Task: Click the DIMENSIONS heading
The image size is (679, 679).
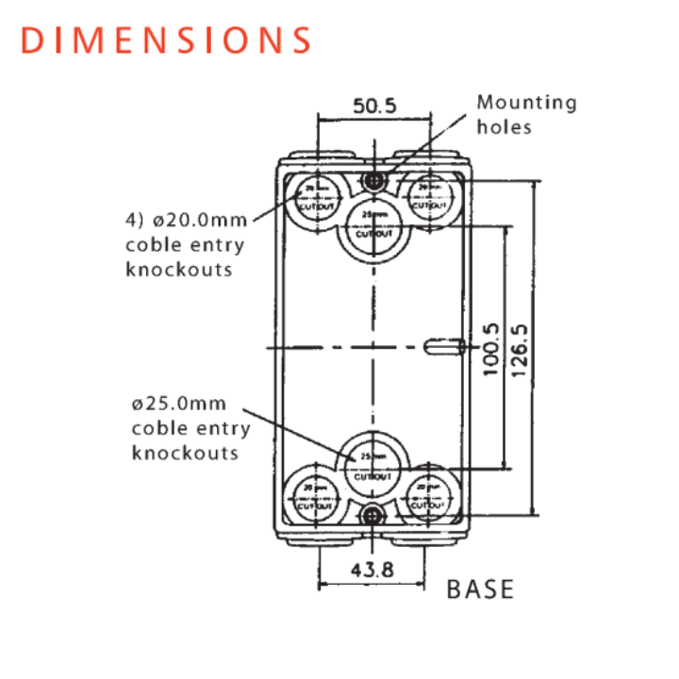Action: point(166,41)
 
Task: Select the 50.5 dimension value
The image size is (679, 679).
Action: point(374,106)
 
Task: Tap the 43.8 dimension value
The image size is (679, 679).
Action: point(374,570)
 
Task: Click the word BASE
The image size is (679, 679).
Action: point(480,590)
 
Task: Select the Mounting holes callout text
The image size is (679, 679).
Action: point(525,114)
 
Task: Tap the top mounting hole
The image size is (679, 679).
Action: point(375,180)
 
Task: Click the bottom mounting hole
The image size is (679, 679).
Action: point(375,514)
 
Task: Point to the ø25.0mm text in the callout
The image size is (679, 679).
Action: point(179,405)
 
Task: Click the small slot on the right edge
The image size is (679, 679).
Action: point(442,348)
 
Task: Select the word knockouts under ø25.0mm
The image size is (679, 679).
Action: point(185,453)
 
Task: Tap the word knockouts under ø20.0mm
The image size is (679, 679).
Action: point(178,270)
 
